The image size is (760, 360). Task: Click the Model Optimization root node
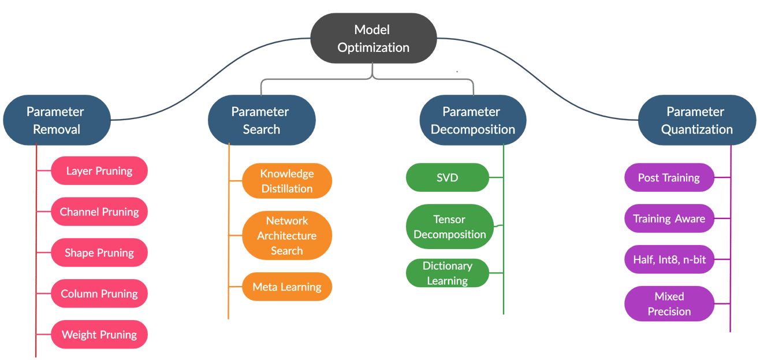point(373,38)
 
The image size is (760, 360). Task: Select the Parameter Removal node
point(56,120)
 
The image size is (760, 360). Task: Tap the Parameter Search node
point(261,120)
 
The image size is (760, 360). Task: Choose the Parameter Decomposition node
point(472,120)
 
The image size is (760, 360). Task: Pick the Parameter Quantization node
point(696,120)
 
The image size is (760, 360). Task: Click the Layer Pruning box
point(99,170)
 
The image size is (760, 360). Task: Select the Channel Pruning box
point(99,211)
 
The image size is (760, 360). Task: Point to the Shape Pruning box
point(99,253)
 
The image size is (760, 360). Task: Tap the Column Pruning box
point(99,294)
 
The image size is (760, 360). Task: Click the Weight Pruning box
point(99,335)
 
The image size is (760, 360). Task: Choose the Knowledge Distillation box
point(287,181)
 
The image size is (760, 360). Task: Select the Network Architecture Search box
point(287,235)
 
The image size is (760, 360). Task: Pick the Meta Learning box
point(287,287)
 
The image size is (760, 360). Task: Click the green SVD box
point(448,177)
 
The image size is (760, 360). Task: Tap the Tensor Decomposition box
point(450,227)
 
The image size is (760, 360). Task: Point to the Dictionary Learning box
point(448,273)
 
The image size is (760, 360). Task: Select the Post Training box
point(669,177)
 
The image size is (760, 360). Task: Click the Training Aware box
point(669,218)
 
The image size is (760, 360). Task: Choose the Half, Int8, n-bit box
point(669,259)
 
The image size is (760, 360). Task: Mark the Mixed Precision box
point(669,303)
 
